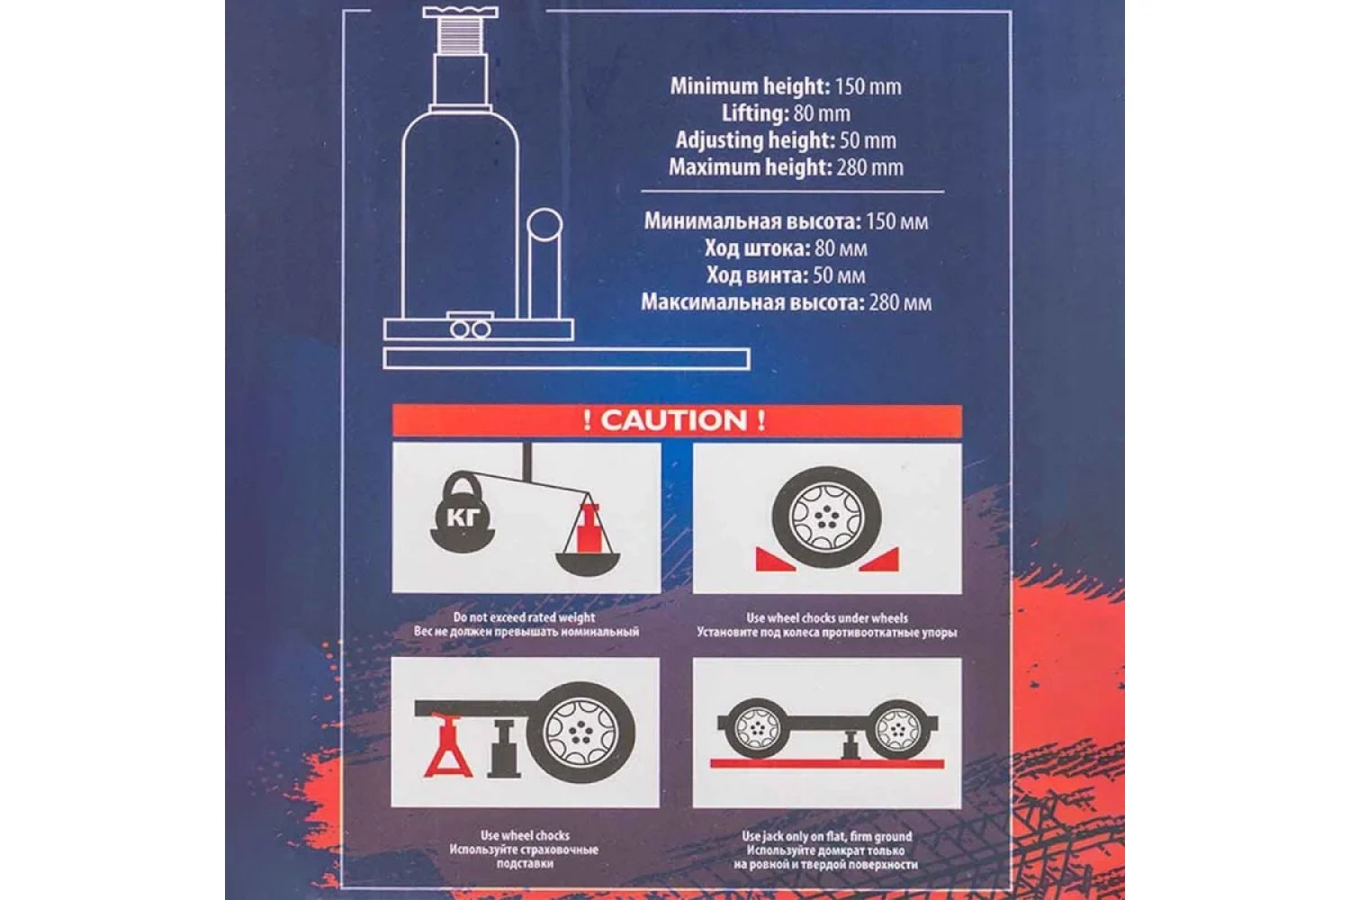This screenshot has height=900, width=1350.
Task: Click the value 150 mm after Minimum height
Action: coord(868,86)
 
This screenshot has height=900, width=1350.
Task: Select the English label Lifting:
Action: coord(755,113)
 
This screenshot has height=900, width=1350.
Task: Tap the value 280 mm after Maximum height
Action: coord(869,167)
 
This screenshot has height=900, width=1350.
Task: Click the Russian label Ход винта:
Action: coord(757,275)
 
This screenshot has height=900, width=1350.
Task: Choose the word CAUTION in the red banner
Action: coord(674,420)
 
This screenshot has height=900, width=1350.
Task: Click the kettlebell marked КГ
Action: coord(463,512)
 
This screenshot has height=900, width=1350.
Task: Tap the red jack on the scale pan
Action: coord(589,527)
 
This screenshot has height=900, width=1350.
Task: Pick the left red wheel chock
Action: coord(775,560)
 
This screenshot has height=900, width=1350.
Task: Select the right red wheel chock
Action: coord(880,560)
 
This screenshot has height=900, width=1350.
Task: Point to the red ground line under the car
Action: coord(827,764)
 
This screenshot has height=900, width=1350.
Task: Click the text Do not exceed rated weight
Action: coord(525,617)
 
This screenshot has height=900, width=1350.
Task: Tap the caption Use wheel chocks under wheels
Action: coord(827,618)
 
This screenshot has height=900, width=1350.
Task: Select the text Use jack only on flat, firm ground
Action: coord(827,836)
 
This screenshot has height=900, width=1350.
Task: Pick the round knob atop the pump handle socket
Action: coord(544,225)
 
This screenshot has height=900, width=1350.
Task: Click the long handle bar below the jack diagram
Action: coord(566,359)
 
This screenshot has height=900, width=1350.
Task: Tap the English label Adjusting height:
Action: coord(755,140)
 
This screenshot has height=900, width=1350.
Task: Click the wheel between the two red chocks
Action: coord(826,517)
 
